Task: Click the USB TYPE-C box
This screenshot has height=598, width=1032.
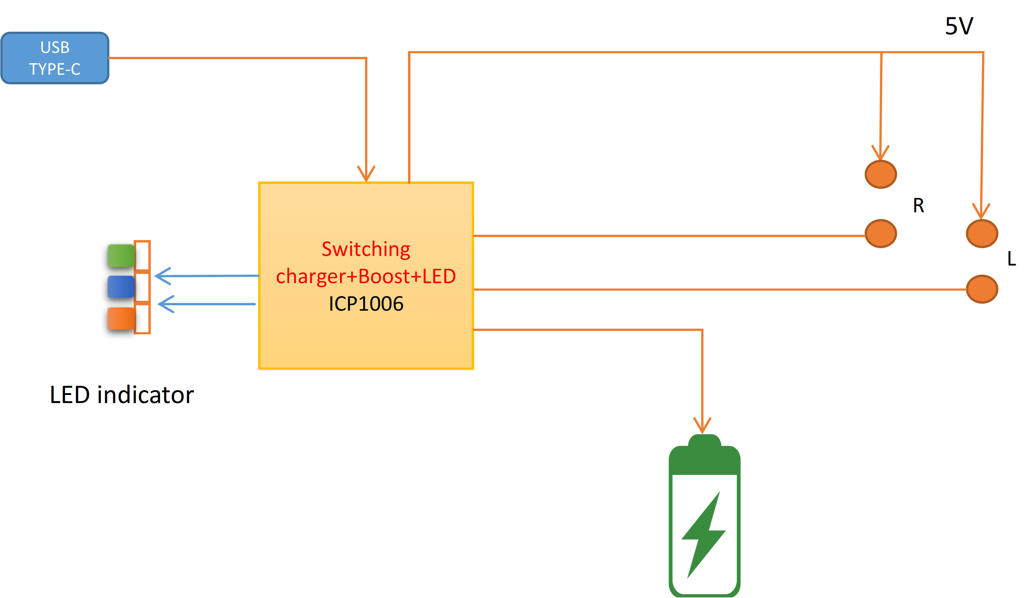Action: [x=55, y=58]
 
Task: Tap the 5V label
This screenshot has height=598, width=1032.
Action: [x=959, y=26]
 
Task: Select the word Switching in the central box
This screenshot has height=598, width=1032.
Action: [x=366, y=249]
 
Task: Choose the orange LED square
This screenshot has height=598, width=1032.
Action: [x=121, y=318]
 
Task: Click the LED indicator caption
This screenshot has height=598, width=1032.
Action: [x=122, y=395]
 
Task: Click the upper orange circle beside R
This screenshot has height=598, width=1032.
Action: [x=880, y=174]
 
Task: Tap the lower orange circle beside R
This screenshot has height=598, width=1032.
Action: [x=880, y=234]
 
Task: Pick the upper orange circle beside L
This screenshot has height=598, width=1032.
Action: [x=982, y=234]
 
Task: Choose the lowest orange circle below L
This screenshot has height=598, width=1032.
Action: [x=982, y=289]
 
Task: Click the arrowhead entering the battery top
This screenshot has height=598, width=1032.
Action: [x=702, y=426]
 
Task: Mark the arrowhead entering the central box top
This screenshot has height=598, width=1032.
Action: [x=366, y=174]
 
